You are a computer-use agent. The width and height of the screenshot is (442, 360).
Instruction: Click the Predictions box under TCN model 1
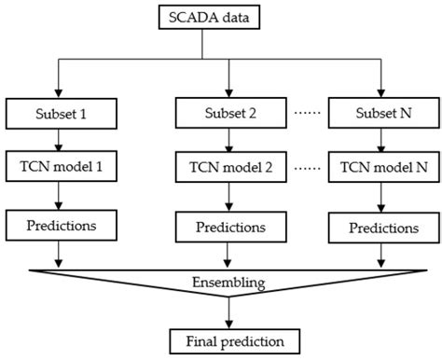point(60,226)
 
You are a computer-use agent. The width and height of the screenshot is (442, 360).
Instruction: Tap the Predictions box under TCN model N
point(381,227)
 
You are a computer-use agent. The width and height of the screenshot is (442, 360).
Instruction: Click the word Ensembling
point(221,280)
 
